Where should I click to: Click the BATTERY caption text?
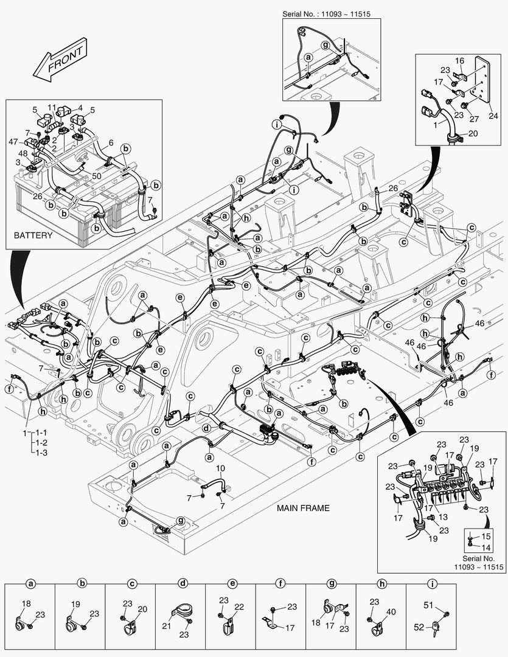pyautogui.click(x=34, y=235)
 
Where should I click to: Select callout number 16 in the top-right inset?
pyautogui.click(x=460, y=60)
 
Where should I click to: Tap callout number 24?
pyautogui.click(x=493, y=116)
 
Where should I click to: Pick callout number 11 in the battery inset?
pyautogui.click(x=52, y=106)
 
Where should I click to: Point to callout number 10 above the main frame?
pyautogui.click(x=220, y=468)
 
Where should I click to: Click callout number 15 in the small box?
pyautogui.click(x=485, y=536)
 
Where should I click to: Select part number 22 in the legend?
pyautogui.click(x=238, y=608)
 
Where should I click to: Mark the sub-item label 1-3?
pyautogui.click(x=41, y=453)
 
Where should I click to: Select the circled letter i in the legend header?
pyautogui.click(x=431, y=583)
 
